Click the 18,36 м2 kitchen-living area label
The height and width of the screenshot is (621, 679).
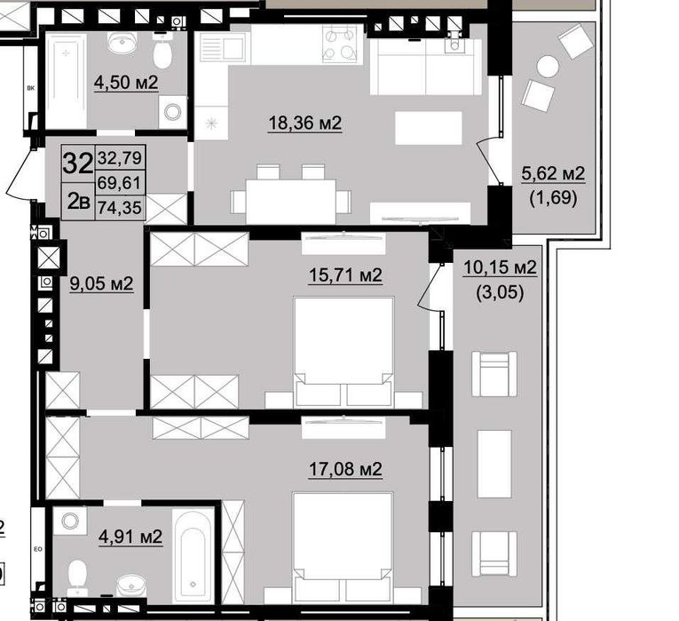pos(305,123)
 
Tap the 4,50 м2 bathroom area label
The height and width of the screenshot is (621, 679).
pos(126,83)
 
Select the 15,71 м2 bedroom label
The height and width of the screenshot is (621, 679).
pos(345,275)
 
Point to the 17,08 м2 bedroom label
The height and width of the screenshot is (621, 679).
pos(345,468)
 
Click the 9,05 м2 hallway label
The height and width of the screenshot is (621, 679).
pos(101,283)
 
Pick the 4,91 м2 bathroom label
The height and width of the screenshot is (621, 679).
pos(130,537)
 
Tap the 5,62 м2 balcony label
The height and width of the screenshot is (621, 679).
pos(553,174)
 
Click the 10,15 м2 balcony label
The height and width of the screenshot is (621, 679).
pos(500,267)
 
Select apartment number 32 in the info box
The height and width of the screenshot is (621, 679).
pos(78,163)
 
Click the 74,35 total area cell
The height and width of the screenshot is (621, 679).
pos(120,208)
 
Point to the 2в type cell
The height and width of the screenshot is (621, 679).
pos(78,202)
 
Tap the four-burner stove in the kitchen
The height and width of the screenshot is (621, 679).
pos(340,44)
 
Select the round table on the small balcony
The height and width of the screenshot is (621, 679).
pos(548,67)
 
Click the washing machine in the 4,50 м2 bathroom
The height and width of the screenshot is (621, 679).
pos(173,112)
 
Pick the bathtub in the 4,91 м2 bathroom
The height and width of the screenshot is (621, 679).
pos(193,555)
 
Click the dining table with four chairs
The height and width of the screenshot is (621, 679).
pos(290,195)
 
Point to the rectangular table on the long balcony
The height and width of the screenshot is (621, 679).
pos(494,464)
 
